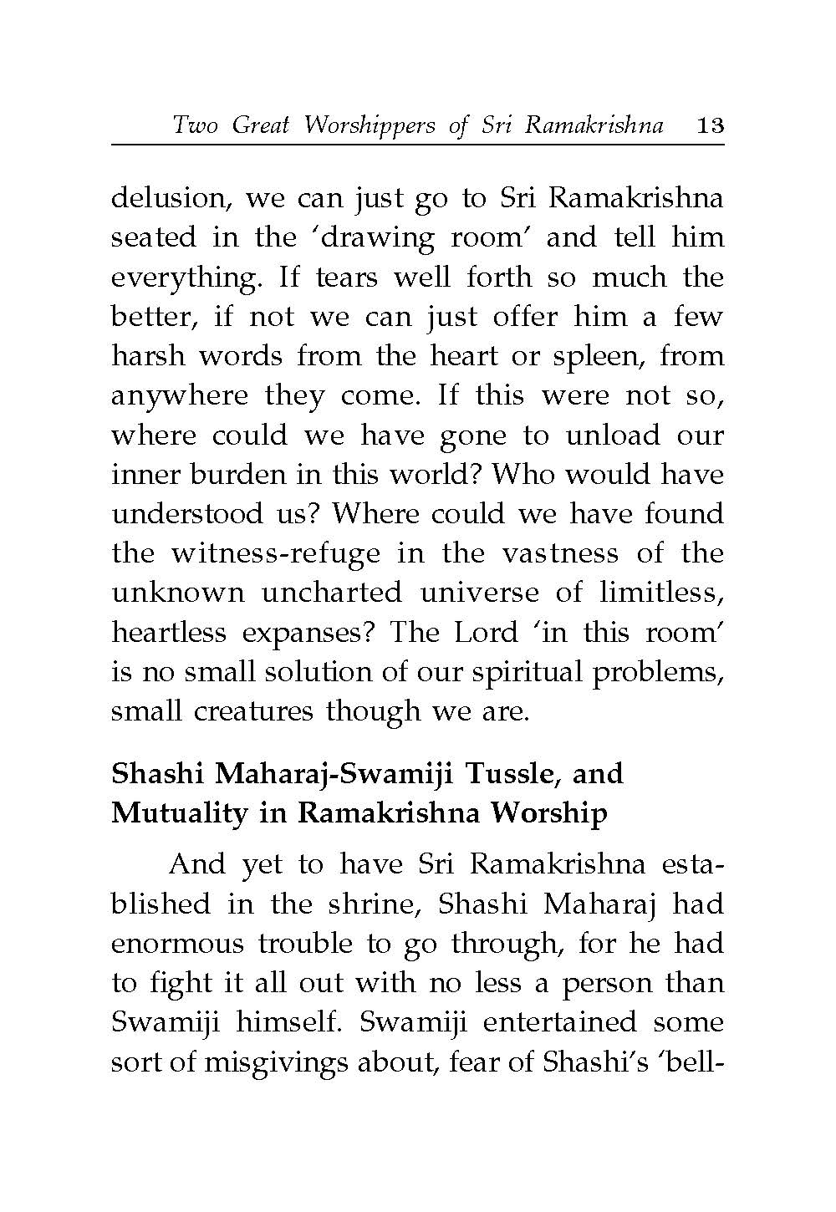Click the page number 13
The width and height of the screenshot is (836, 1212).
pos(709,126)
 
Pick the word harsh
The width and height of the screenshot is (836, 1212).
pos(148,357)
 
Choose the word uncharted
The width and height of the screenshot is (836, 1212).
pos(331,593)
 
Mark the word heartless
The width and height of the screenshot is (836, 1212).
pos(169,633)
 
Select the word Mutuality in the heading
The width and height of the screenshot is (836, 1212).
pos(178,813)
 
